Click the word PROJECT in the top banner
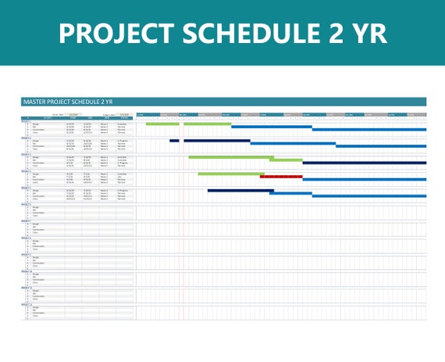110,33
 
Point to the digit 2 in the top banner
328,33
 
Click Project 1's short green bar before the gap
162,124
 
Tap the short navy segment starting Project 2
174,141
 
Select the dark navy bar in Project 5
238,190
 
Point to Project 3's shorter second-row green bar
286,159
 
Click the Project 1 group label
26,121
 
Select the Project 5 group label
26,187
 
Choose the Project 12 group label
26,303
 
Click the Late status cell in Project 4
123,177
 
